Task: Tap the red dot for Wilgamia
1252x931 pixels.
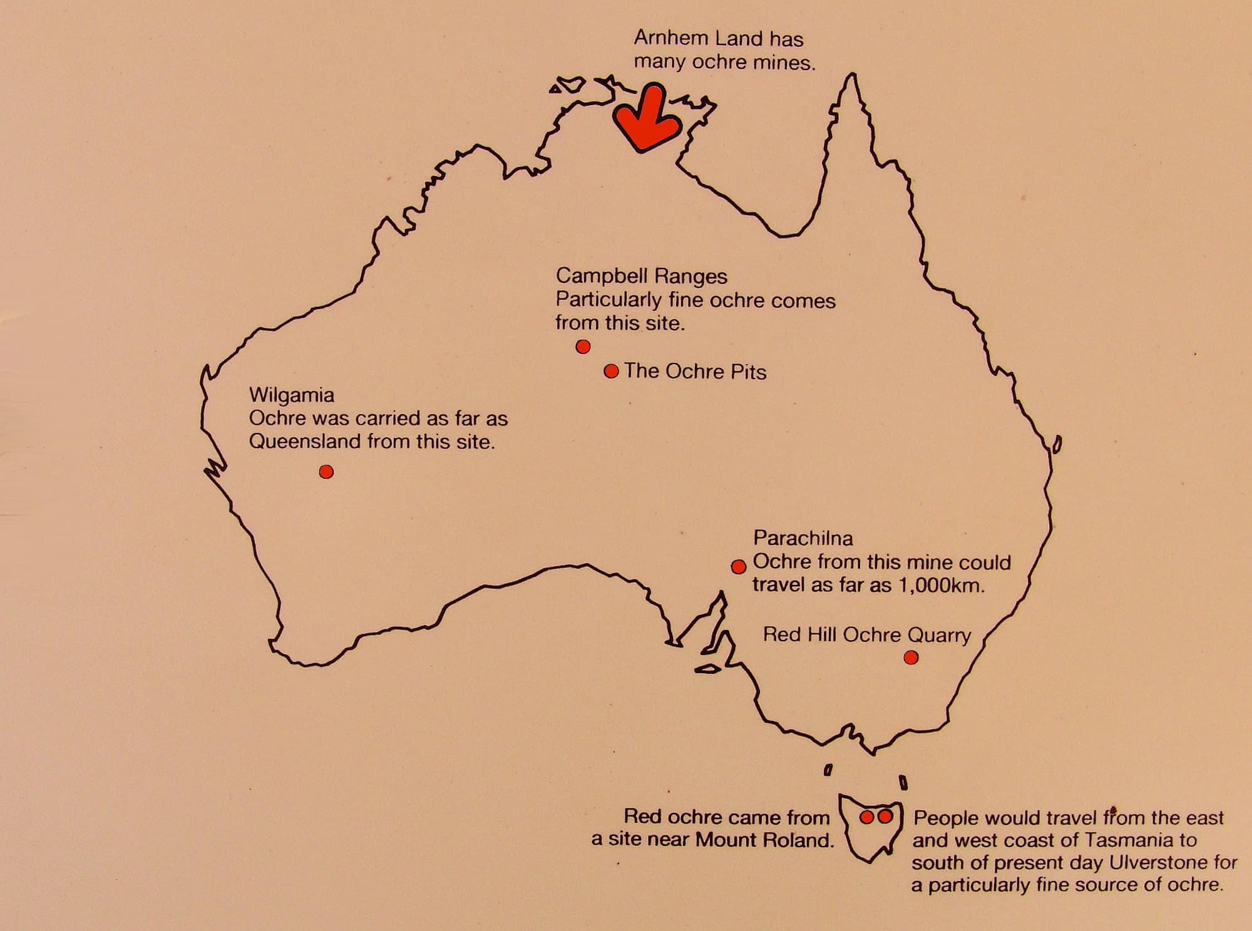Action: [x=326, y=472]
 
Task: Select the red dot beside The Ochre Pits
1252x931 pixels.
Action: [x=611, y=371]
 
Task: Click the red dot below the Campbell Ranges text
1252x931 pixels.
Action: [x=583, y=347]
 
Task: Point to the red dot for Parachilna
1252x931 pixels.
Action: [x=739, y=567]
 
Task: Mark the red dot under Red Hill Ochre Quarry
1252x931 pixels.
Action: [x=911, y=658]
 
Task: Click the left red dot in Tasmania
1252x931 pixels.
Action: [x=866, y=817]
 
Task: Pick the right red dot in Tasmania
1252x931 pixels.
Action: [x=885, y=817]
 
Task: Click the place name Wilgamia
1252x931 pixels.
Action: [x=292, y=395]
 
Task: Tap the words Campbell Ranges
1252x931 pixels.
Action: [x=641, y=276]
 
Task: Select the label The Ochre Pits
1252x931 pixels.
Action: [x=695, y=372]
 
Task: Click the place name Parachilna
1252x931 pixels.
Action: [x=803, y=538]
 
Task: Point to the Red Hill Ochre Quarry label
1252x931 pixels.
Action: [x=867, y=635]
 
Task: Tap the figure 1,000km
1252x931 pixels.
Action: [x=941, y=586]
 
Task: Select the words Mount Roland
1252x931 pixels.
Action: [x=764, y=840]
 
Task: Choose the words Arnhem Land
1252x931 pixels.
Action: [x=698, y=39]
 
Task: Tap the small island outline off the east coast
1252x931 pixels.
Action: [x=1057, y=445]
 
